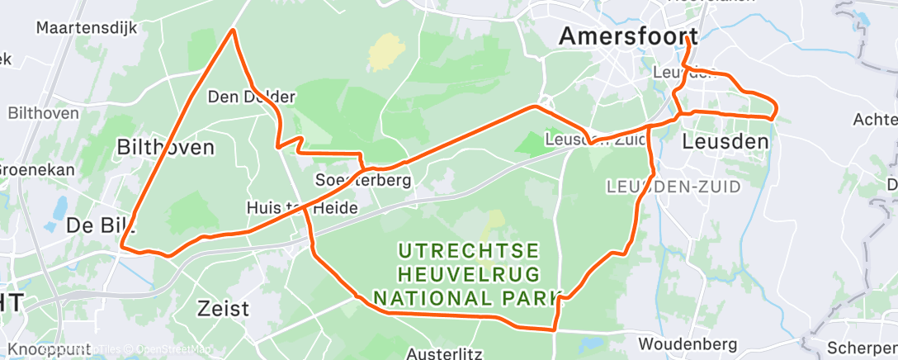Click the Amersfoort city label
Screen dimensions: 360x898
tap(628, 36)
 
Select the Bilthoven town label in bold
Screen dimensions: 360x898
tap(166, 148)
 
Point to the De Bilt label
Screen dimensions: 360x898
tap(100, 225)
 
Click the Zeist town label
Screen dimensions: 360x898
tap(223, 309)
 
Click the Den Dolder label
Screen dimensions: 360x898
tap(251, 97)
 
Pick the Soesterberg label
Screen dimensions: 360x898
tap(363, 179)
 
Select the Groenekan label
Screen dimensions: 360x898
tap(36, 170)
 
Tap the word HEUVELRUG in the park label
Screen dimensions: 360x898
tap(468, 272)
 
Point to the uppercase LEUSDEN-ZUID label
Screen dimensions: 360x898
tap(673, 187)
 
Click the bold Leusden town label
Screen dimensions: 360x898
tap(725, 141)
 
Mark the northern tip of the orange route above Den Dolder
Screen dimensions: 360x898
tap(234, 31)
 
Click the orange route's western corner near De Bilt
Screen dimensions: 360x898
tap(122, 245)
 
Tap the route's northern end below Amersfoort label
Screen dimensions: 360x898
tap(686, 39)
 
